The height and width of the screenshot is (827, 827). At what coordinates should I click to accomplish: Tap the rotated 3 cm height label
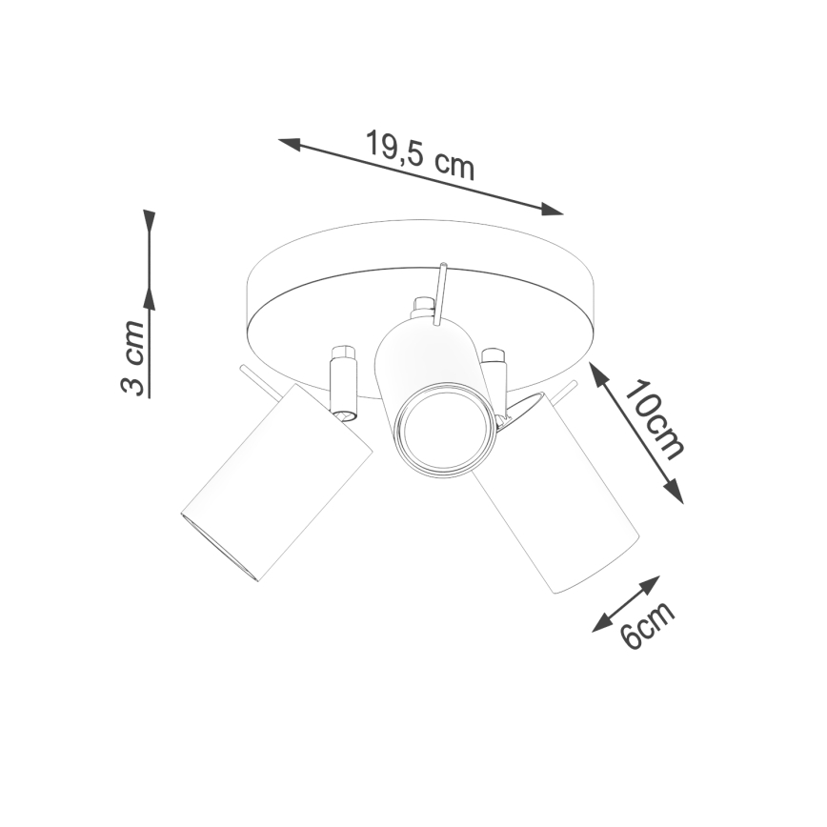coord(133,358)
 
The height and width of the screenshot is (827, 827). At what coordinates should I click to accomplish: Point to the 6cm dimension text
coord(648,625)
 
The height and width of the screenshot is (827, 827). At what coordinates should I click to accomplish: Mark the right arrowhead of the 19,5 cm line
coord(553,210)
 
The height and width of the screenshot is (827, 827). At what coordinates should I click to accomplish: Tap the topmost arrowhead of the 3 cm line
coord(149,220)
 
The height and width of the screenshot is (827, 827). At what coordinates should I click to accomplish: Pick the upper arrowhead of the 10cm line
coord(598,373)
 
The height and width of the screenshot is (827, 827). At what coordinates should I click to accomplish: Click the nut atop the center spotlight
coord(422,309)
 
